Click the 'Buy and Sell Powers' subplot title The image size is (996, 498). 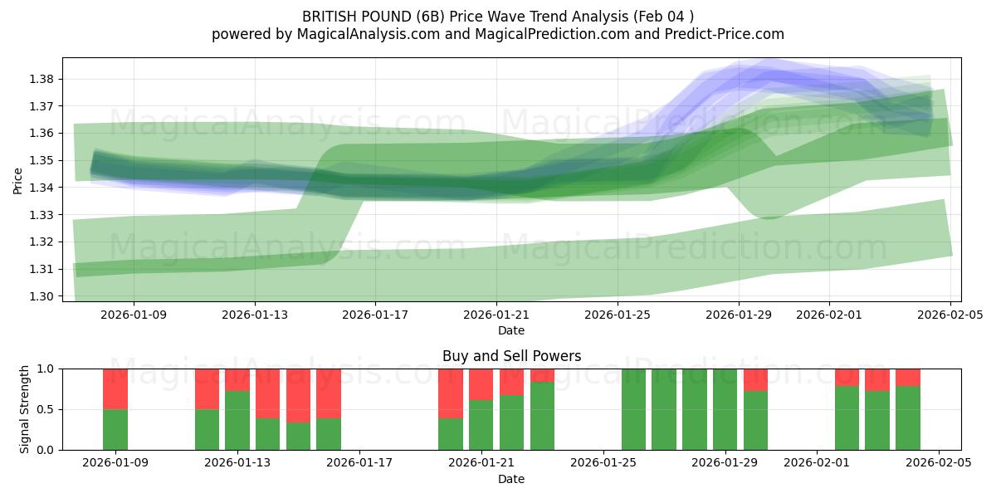coord(511,356)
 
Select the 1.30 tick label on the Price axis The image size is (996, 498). coord(42,296)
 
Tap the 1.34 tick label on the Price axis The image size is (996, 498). coord(42,188)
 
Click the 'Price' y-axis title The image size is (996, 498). coord(18,179)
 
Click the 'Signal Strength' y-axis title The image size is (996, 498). coord(25,409)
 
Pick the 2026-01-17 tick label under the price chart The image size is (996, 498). coord(375,315)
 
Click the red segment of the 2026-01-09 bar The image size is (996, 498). coord(115,388)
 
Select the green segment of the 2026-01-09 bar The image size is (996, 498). coord(115,429)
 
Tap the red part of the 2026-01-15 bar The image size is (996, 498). coord(298,395)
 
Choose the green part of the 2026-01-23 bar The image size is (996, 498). coord(542,416)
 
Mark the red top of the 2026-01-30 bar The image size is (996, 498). coord(755,379)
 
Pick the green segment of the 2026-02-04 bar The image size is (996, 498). coord(907,417)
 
